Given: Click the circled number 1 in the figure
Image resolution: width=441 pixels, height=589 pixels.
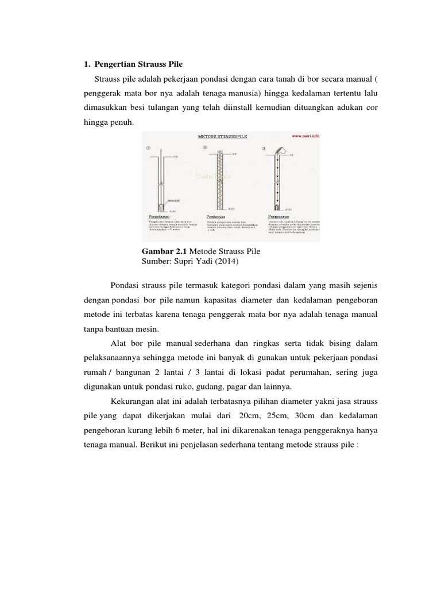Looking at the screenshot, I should click(148, 147).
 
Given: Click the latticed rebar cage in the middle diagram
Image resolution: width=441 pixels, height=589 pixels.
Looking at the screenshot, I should click(217, 178).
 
